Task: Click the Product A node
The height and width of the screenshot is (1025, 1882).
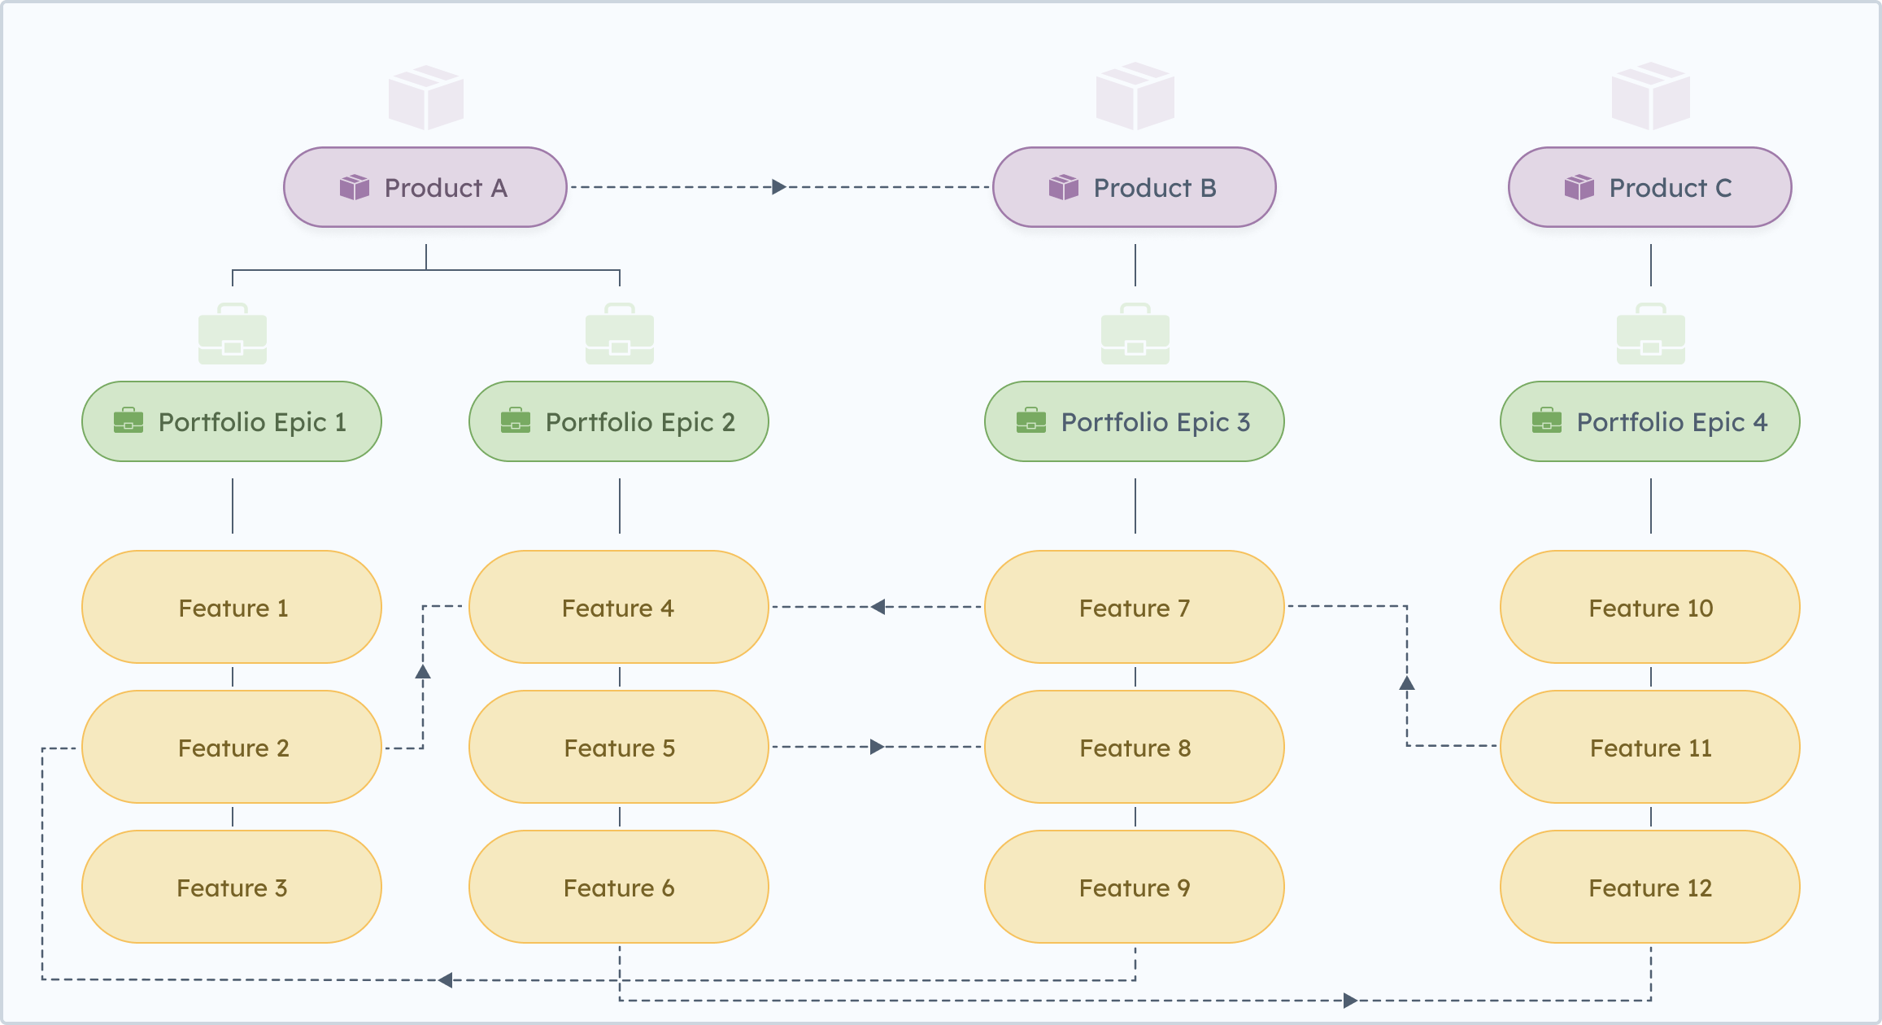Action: (x=425, y=187)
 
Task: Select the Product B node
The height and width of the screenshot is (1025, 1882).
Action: (x=1134, y=187)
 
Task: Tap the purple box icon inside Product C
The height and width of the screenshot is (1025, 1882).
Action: (x=1579, y=187)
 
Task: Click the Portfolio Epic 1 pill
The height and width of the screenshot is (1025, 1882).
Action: (x=232, y=421)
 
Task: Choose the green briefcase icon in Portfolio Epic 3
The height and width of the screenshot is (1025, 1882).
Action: (x=1030, y=421)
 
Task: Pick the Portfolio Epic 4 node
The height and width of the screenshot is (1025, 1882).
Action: (x=1649, y=421)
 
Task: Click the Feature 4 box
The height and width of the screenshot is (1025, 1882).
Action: (x=618, y=607)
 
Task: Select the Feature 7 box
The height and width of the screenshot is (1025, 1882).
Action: (x=1134, y=607)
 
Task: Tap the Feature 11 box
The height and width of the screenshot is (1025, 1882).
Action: (x=1649, y=747)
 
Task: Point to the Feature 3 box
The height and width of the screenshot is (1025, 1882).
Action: (x=232, y=887)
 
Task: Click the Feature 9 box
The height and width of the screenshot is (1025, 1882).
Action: (x=1134, y=887)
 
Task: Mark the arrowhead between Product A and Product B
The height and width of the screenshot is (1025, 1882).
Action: (x=778, y=187)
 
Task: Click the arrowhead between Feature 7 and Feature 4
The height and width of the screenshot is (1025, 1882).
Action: (x=878, y=607)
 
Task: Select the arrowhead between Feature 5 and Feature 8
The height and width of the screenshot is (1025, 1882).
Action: (x=877, y=747)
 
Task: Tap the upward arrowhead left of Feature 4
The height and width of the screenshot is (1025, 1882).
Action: (x=423, y=672)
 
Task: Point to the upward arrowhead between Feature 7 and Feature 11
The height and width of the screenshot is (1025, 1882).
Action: (x=1407, y=683)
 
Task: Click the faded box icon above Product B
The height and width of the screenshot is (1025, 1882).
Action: (x=1135, y=96)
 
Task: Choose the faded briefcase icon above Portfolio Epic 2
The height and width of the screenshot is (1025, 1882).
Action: (x=619, y=334)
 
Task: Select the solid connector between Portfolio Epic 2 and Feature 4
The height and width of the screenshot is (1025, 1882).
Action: (x=620, y=506)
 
